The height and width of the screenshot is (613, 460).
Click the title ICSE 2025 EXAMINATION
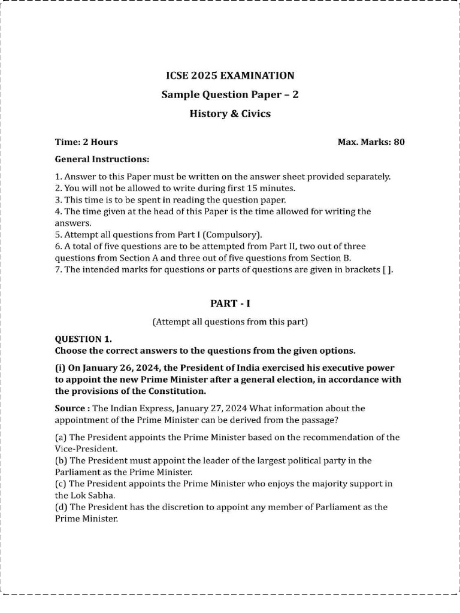230,76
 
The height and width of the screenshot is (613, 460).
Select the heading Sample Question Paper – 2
230,95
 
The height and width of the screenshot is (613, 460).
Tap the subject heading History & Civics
230,114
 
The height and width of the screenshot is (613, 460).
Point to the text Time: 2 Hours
86,142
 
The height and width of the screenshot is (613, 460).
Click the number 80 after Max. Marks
399,142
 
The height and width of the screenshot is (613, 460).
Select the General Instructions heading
102,160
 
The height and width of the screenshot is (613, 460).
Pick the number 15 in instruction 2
259,188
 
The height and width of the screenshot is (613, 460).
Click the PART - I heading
230,304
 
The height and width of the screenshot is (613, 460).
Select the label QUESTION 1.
83,339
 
